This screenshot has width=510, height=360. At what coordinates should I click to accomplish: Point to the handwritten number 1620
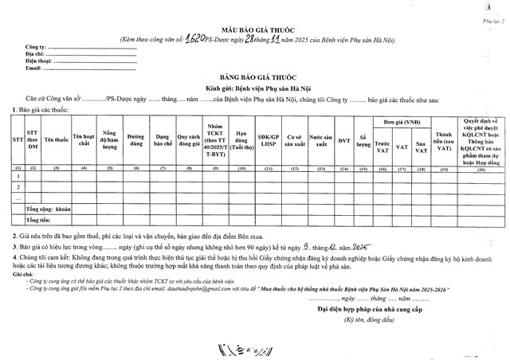pos(196,37)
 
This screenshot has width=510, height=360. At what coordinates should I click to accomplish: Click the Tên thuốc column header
pos(56,139)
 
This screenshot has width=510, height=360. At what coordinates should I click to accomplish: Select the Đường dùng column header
pos(135,139)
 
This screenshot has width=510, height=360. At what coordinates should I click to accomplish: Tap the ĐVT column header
pos(344,140)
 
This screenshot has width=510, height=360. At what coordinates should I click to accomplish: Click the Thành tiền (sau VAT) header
pos(445,140)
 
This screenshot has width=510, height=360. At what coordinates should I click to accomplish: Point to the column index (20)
pos(481,169)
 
